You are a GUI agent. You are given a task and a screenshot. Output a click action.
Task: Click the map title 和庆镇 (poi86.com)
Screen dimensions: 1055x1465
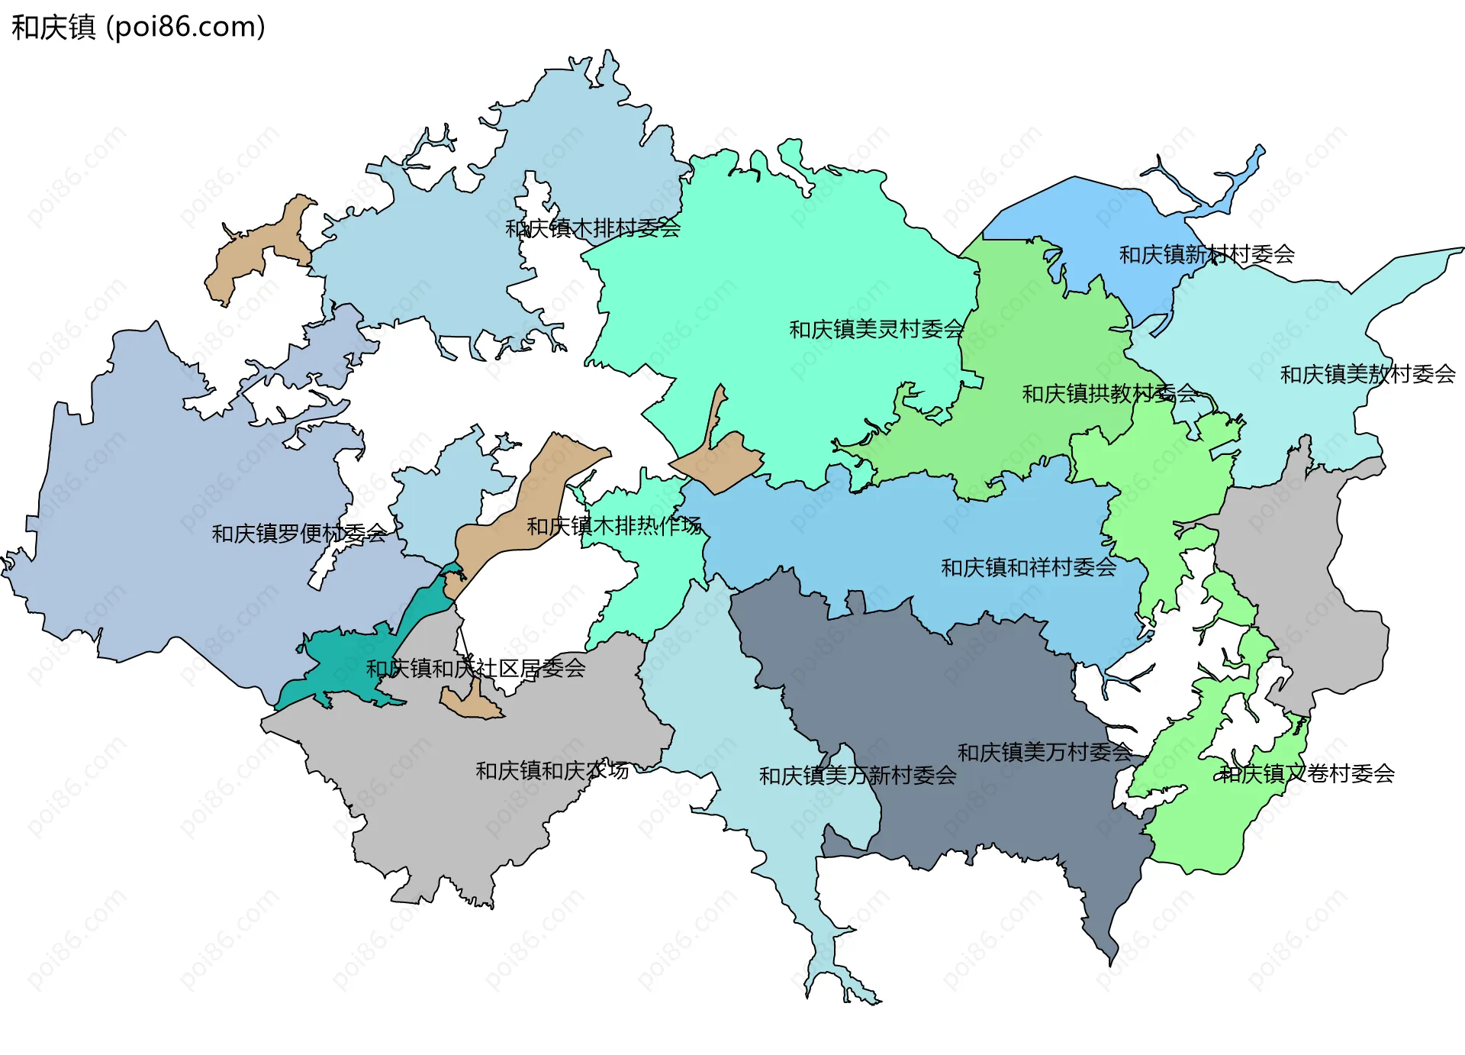138,27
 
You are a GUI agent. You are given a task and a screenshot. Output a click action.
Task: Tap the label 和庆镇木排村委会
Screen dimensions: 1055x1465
593,227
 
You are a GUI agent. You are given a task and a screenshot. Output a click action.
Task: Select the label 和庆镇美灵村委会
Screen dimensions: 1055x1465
876,329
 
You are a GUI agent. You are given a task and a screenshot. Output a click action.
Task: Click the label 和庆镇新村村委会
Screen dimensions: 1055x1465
1206,254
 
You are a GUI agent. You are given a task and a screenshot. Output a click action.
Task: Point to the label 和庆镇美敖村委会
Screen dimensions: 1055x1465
1367,374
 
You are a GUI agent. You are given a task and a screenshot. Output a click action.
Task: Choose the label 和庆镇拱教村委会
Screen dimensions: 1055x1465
1109,393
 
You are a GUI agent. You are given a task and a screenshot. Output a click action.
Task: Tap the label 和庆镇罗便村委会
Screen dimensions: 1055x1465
299,533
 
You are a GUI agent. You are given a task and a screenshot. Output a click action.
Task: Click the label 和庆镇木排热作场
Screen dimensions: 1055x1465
614,525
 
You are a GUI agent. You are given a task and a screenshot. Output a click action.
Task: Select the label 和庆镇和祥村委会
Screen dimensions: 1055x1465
1028,567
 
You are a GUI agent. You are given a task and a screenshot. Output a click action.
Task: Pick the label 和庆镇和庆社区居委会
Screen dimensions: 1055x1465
475,668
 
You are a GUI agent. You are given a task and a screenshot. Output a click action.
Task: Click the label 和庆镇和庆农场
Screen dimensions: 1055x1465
552,770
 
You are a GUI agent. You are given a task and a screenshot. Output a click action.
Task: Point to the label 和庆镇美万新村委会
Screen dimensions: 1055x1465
857,776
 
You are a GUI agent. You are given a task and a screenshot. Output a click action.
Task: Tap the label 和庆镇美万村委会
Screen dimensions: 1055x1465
1045,752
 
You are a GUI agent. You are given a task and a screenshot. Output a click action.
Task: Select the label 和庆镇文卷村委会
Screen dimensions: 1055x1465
1306,773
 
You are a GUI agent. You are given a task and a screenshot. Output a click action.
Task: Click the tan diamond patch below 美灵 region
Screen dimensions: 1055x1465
721,462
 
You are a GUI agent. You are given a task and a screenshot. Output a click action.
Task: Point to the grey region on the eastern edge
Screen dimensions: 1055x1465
1312,580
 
